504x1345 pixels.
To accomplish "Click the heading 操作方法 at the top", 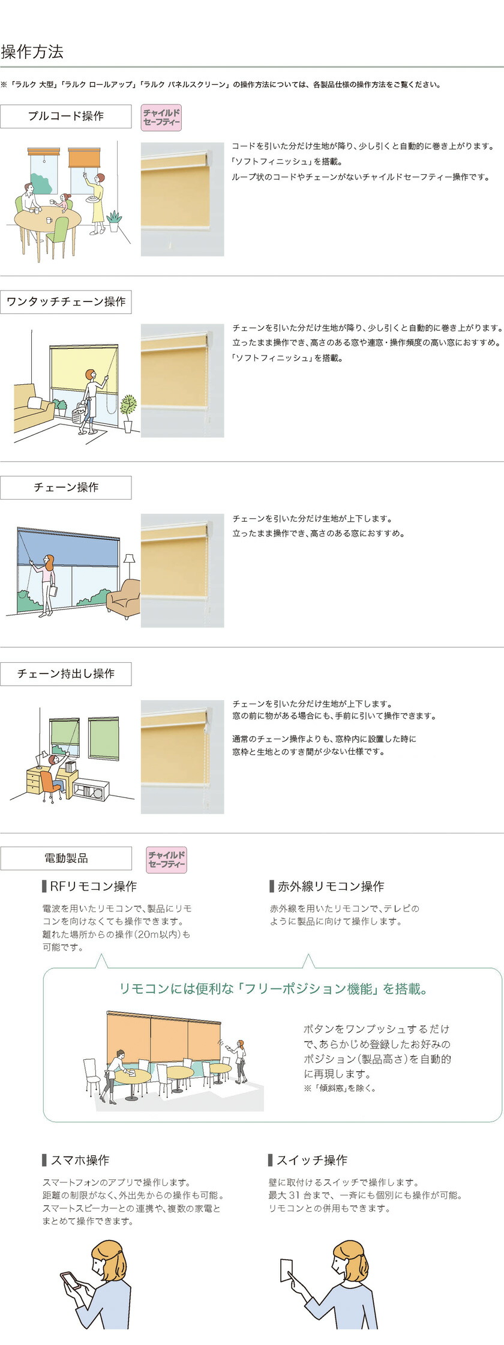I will [32, 52].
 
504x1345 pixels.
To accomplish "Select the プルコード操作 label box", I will [66, 116].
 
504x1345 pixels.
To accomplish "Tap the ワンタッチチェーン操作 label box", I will [66, 301].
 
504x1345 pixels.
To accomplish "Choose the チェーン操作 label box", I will [66, 488].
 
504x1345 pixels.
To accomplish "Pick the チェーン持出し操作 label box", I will [66, 674].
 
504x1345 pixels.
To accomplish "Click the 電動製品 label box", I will [66, 859].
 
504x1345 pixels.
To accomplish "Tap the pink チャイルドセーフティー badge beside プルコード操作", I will [161, 118].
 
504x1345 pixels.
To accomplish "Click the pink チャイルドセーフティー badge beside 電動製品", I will [167, 860].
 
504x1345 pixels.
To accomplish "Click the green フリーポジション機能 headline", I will [273, 989].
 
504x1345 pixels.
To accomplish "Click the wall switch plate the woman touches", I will [287, 1270].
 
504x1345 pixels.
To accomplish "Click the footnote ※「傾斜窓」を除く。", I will [339, 1088].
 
